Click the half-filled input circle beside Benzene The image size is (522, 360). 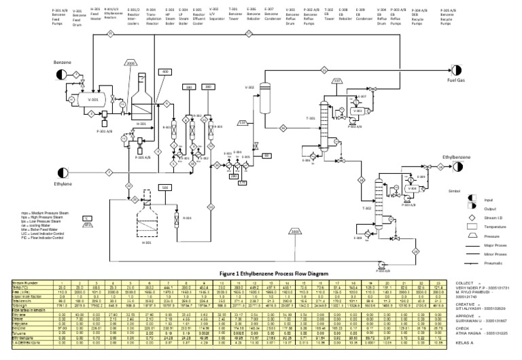[62, 73]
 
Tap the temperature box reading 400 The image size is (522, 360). [164, 72]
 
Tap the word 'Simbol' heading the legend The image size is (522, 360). [455, 192]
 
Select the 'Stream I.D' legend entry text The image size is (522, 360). [494, 217]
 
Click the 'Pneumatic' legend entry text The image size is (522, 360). [493, 262]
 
